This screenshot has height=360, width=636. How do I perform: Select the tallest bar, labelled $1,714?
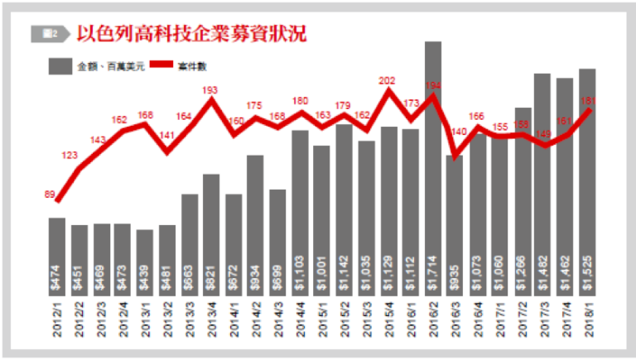[x=433, y=166]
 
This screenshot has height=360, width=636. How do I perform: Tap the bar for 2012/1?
[x=57, y=257]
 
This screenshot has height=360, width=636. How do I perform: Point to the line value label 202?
[x=388, y=81]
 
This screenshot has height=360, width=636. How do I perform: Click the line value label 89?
[x=50, y=194]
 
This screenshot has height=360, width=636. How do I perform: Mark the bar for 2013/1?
[x=145, y=262]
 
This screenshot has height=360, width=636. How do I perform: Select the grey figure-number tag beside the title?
[x=47, y=34]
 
